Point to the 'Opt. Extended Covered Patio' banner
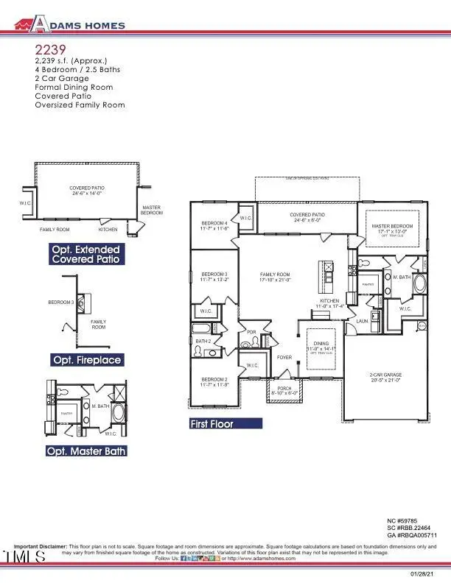coord(85,255)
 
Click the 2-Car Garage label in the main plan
coord(385,375)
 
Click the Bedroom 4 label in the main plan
coord(215,223)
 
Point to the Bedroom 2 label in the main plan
coord(215,381)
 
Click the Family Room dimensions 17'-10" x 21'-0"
coord(276,280)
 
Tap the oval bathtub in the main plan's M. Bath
coord(421,285)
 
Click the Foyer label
coord(284,358)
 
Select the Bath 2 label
coord(203,341)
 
